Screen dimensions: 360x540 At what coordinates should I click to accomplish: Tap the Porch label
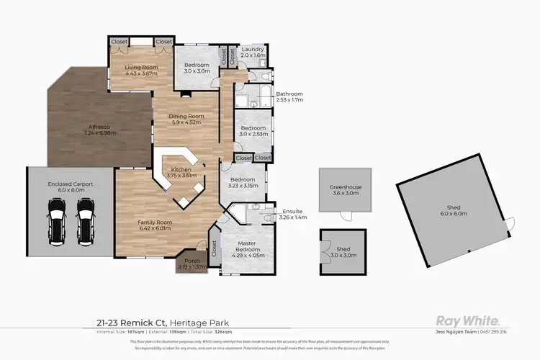click(x=192, y=261)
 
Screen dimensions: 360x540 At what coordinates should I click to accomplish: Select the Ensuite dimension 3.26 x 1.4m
click(x=292, y=217)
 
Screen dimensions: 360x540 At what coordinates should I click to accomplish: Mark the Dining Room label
click(x=186, y=116)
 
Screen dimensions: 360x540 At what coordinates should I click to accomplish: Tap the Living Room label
click(x=141, y=68)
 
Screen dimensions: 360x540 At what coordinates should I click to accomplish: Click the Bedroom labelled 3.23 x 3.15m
click(x=242, y=185)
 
